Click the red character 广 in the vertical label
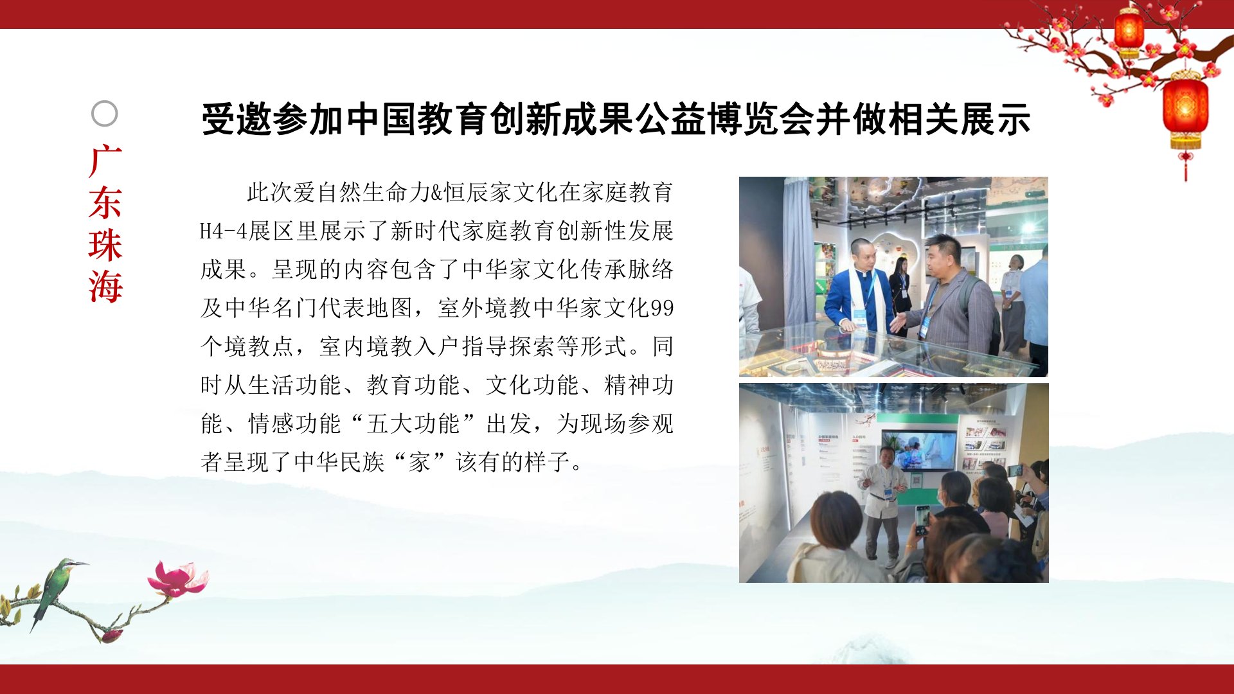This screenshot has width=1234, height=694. pos(105,161)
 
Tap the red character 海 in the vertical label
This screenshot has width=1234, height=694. pos(105,286)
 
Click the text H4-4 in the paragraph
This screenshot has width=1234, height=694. pos(224,231)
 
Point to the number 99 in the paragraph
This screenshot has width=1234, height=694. pos(662,308)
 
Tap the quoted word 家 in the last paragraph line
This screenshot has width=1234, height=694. pos(419,462)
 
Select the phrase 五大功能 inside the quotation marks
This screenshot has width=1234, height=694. pos(413,423)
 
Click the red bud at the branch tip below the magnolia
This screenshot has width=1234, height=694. pos(112,636)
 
